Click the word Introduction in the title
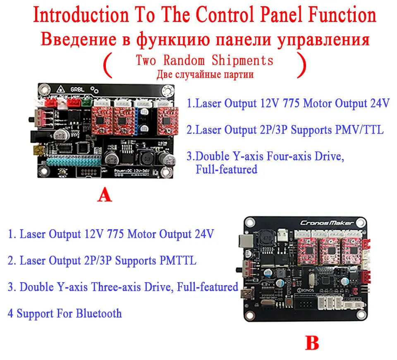(81, 14)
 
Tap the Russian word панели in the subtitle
(243, 40)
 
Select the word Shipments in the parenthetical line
(242, 60)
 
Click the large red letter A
(105, 194)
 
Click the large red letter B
(312, 343)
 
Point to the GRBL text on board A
(77, 89)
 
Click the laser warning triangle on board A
(60, 89)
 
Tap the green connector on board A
(86, 102)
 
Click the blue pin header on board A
(137, 120)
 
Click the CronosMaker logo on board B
(327, 223)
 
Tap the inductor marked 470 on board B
(266, 238)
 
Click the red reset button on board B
(289, 302)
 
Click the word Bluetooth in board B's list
(99, 313)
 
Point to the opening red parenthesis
(108, 65)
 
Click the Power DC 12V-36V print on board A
(132, 171)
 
